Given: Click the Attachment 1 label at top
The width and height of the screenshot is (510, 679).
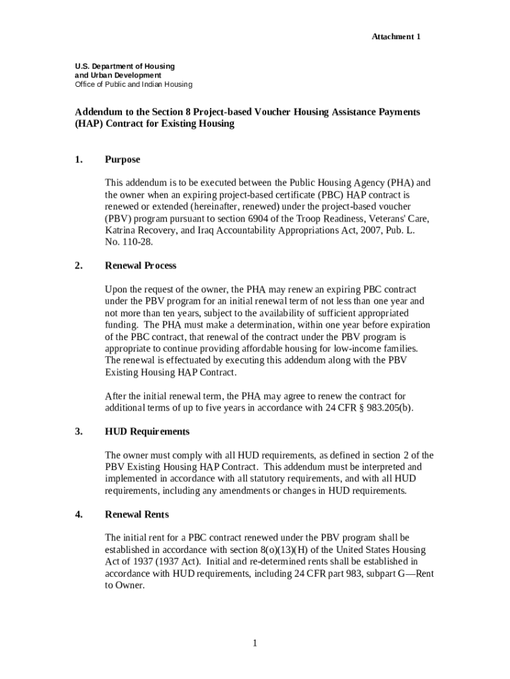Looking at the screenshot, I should [x=395, y=36].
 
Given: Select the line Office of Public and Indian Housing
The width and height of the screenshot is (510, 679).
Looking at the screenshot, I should [x=133, y=84].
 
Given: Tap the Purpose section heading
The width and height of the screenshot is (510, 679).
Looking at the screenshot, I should [x=123, y=160].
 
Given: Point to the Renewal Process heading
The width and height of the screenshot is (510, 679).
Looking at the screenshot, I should [x=141, y=265].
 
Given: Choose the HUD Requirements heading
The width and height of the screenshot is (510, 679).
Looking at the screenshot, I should [x=147, y=432].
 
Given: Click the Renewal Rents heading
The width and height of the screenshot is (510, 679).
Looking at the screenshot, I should [x=137, y=515].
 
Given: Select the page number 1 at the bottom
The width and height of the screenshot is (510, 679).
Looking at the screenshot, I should [x=254, y=643].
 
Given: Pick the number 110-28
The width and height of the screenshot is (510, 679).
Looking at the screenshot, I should [x=138, y=242].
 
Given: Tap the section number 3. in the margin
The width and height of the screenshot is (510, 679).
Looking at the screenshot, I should [x=79, y=432].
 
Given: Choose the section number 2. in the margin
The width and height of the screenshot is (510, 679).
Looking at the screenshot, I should [x=79, y=265].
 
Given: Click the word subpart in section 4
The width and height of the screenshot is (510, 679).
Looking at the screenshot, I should [x=372, y=574].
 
